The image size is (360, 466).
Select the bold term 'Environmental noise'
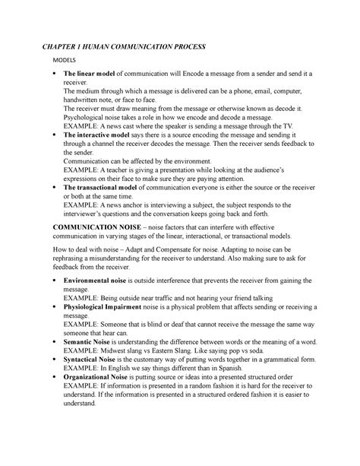[x=104, y=281]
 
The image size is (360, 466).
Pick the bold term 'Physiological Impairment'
[x=112, y=306]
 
